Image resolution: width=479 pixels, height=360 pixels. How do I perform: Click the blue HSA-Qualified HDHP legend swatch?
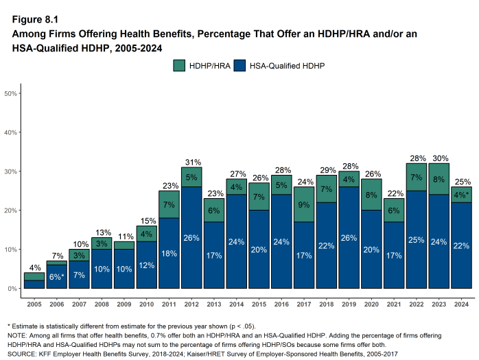pos(239,66)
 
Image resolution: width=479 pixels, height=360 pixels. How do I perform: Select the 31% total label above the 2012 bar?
pos(191,163)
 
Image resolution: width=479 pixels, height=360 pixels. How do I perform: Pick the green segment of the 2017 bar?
pos(303,204)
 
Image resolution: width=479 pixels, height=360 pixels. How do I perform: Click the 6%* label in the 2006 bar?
pos(57,276)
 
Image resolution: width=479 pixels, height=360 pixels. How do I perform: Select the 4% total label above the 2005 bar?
pos(34,267)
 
